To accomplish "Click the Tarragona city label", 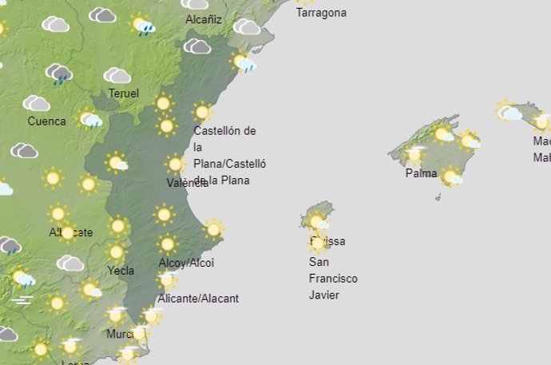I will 321,13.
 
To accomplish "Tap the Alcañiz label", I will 204,19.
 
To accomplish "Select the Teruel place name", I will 123,93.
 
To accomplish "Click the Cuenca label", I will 46,121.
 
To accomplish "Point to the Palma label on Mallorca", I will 421,173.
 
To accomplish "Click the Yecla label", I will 121,271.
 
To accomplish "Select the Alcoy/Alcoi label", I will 186,263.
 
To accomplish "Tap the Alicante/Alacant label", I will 199,299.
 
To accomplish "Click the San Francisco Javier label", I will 333,279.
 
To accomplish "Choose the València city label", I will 186,183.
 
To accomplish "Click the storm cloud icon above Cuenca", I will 59,74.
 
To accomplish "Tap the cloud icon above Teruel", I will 117,76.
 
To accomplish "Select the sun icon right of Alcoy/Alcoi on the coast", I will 212,229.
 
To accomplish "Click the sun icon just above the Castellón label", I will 203,112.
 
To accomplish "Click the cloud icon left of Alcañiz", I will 102,15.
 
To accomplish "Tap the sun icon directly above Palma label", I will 415,153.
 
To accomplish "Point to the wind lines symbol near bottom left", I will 23,300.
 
